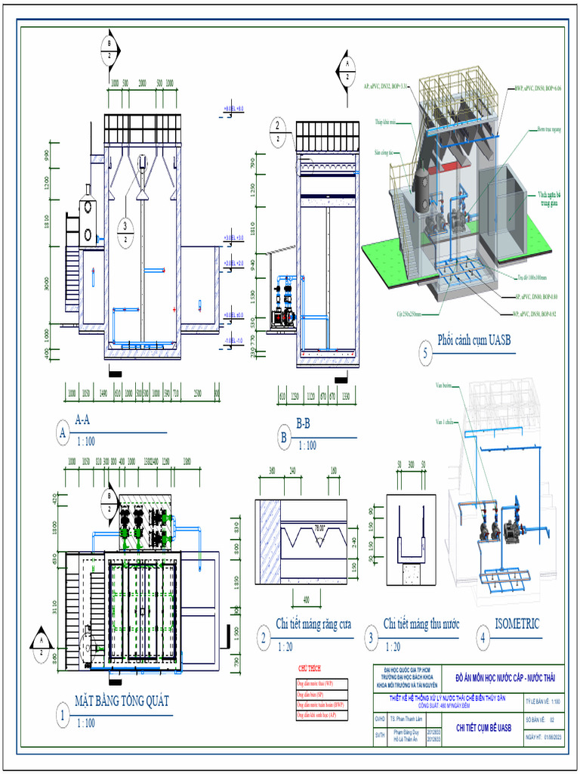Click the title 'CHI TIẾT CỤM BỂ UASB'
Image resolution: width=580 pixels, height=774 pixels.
(x=483, y=728)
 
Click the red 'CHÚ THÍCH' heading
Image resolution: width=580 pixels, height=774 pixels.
(x=310, y=669)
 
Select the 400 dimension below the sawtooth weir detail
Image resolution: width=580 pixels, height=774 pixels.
(x=306, y=599)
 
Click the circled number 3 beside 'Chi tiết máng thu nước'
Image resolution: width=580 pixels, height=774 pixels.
(x=372, y=637)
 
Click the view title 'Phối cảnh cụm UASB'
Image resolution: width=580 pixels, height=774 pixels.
(x=474, y=340)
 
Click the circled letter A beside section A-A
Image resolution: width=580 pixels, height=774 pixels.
(x=63, y=432)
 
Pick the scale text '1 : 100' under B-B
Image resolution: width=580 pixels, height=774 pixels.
(x=307, y=446)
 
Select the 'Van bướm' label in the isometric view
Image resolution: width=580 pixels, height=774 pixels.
(x=443, y=385)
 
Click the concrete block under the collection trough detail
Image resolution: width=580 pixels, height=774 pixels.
(x=411, y=574)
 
